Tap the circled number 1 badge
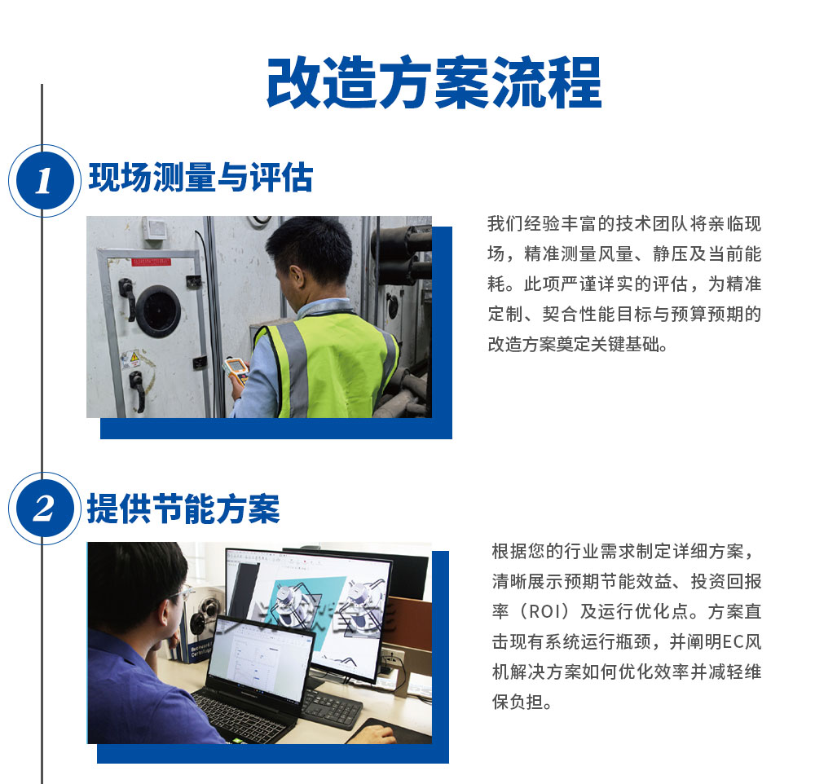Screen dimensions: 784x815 coord(43,180)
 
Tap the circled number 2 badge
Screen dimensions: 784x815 coord(43,509)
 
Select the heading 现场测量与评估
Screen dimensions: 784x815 coord(200,178)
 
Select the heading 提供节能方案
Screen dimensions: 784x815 coord(183,509)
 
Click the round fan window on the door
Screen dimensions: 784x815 coord(158,310)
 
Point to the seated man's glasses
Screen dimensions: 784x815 coord(183,592)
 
